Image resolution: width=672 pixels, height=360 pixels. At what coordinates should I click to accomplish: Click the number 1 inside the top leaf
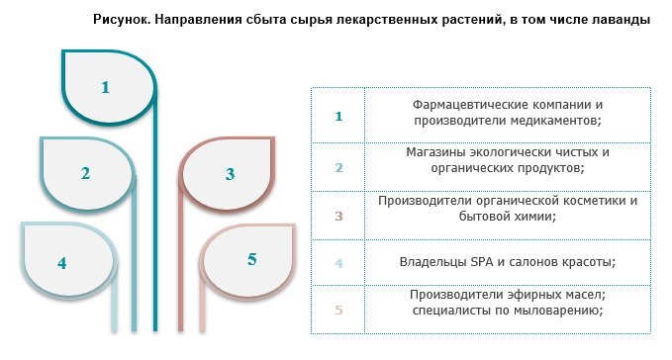(x=106, y=87)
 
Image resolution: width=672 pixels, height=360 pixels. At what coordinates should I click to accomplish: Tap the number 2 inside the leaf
(x=85, y=173)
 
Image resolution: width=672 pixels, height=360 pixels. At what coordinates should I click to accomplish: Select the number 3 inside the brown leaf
(x=231, y=174)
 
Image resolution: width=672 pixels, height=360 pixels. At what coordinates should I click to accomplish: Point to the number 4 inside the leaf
(x=62, y=263)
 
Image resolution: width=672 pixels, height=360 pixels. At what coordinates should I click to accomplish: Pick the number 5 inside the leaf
(x=252, y=259)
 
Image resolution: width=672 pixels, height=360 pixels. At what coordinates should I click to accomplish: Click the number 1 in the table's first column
(x=338, y=116)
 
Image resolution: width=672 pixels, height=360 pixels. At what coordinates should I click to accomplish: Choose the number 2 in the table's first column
(x=339, y=167)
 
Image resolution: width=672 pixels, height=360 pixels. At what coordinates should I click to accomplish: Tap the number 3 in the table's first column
(x=339, y=216)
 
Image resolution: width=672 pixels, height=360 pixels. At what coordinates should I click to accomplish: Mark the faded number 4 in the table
(x=339, y=263)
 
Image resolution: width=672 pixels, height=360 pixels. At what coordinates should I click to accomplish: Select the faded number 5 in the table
(x=339, y=310)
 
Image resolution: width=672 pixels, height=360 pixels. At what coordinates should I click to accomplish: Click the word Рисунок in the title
(x=122, y=19)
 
